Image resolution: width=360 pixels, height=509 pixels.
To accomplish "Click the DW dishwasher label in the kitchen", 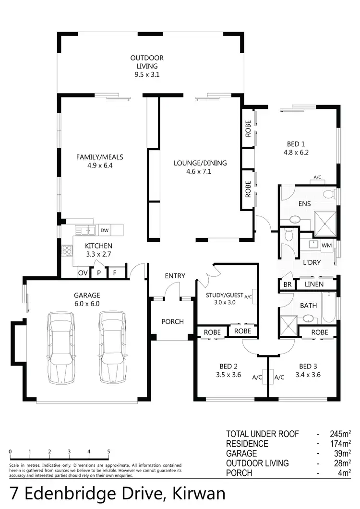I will click(x=104, y=231).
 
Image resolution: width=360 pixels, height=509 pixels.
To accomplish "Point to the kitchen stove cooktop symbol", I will click(x=67, y=250).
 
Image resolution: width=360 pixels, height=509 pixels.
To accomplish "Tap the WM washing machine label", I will click(x=326, y=246).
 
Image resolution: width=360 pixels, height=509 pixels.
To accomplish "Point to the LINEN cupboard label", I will click(x=314, y=284).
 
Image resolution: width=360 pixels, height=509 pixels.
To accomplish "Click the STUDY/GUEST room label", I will click(x=225, y=298).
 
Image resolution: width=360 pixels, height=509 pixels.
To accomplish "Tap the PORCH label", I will click(x=172, y=321).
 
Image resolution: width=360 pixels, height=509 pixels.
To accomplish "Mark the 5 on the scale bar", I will click(x=108, y=451).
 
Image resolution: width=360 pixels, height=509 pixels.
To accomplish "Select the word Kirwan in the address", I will click(x=192, y=494).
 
